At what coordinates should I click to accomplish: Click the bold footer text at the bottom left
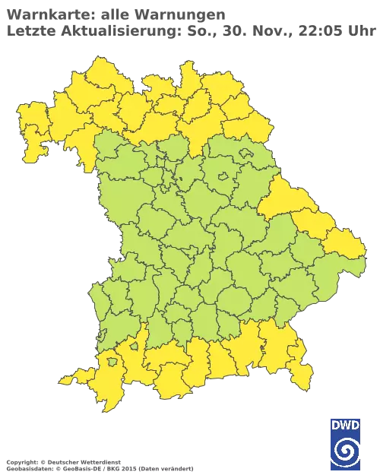coord(61,461)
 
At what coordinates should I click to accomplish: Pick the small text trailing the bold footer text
coord(157,462)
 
